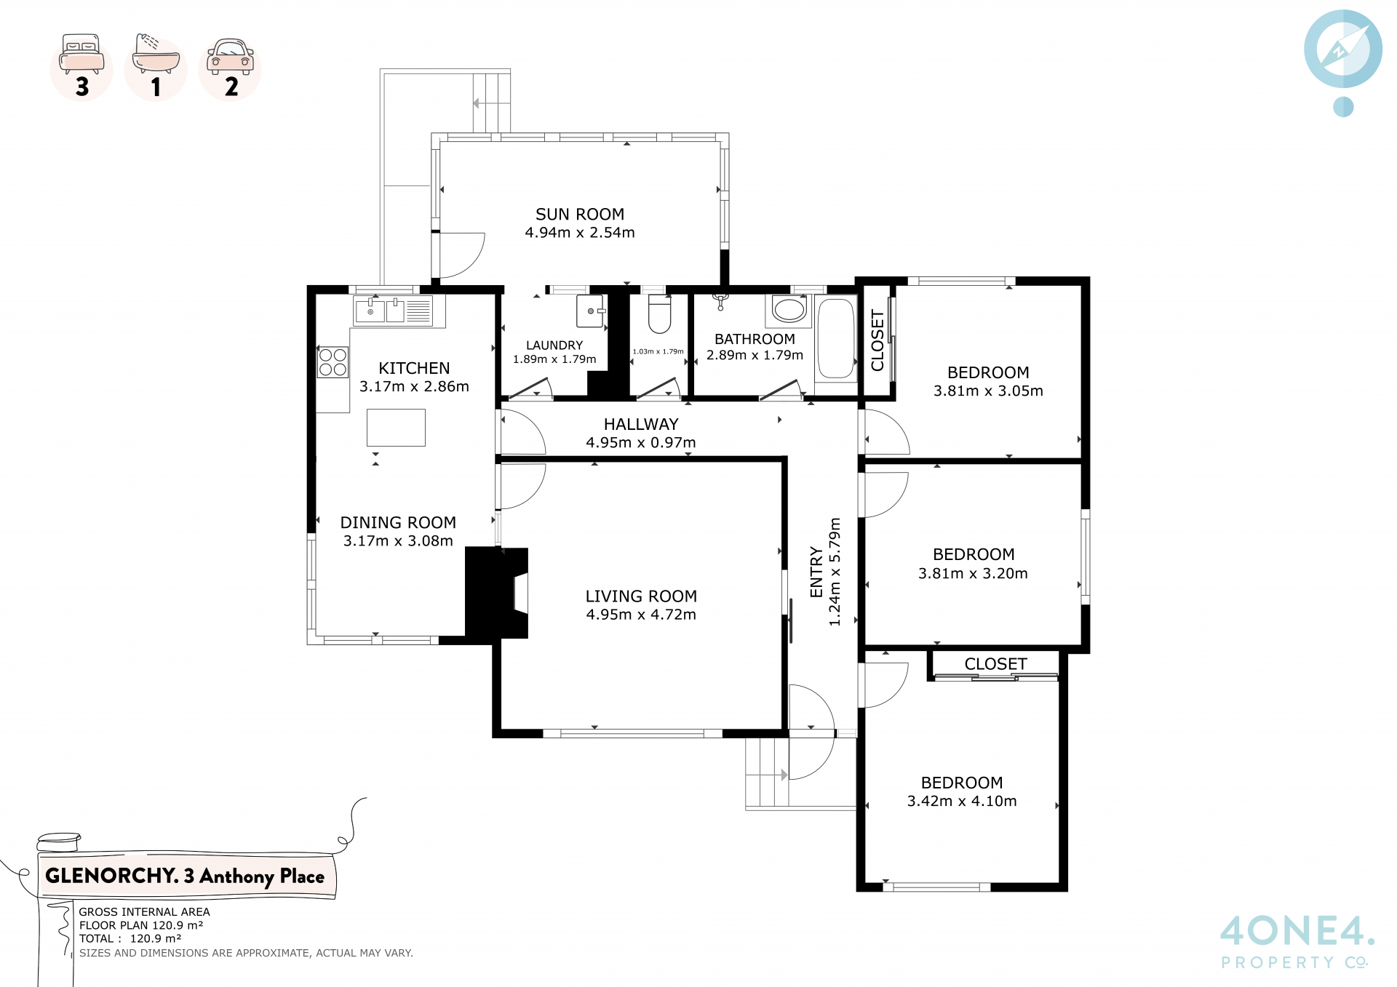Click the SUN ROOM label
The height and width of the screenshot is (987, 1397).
[580, 215]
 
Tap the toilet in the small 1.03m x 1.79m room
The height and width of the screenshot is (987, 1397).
[659, 313]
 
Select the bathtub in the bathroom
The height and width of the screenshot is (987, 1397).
[835, 338]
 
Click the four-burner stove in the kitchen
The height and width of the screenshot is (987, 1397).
[333, 362]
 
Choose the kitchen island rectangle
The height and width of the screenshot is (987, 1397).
[396, 428]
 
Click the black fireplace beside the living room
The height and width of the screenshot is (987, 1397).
[497, 593]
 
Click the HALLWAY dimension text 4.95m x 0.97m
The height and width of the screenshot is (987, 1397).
[641, 443]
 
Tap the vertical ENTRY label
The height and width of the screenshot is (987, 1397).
[816, 572]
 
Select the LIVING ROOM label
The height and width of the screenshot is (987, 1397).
[641, 596]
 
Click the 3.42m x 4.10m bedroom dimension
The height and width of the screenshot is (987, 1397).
[962, 802]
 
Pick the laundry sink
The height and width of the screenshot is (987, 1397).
[591, 311]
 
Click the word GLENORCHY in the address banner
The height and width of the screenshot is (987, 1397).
[111, 876]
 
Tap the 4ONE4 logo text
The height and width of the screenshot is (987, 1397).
[1297, 931]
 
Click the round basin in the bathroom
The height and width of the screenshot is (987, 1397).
[789, 309]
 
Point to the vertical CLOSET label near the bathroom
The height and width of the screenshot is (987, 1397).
[877, 340]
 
